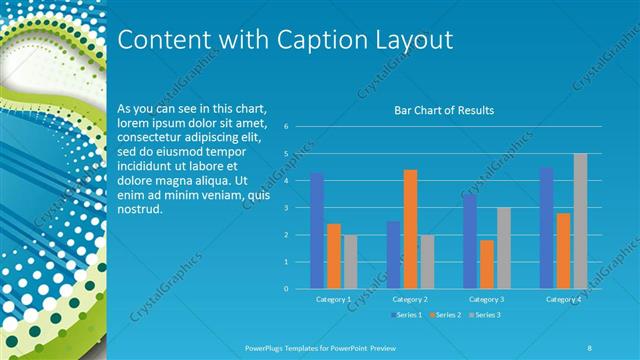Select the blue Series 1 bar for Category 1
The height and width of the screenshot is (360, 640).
click(317, 231)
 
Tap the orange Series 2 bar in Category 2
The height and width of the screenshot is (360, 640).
click(410, 229)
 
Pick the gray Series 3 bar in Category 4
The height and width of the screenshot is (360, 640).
click(580, 221)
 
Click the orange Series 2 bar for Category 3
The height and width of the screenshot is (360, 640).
click(486, 264)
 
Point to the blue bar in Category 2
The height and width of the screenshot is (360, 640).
click(393, 255)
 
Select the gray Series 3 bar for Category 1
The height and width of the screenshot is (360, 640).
click(350, 262)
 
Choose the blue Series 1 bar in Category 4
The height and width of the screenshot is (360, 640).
click(546, 228)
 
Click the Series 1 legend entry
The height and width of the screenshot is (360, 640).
click(405, 315)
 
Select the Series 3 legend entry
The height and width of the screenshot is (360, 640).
click(485, 315)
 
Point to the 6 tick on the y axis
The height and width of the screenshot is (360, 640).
click(286, 127)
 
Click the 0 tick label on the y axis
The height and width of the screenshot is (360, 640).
click(286, 289)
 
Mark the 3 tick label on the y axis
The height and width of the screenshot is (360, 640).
click(286, 208)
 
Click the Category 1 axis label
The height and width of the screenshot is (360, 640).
click(333, 299)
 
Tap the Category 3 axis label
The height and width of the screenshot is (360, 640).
click(487, 299)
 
